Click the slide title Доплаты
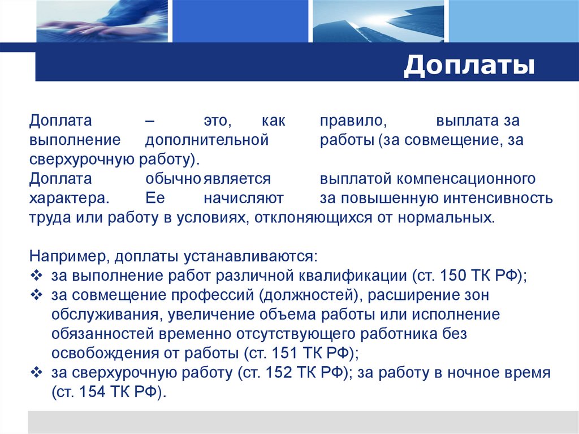(469, 66)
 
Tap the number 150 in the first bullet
(454, 276)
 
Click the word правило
(352, 121)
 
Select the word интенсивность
(498, 199)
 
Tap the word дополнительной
(206, 140)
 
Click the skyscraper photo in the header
(379, 21)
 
